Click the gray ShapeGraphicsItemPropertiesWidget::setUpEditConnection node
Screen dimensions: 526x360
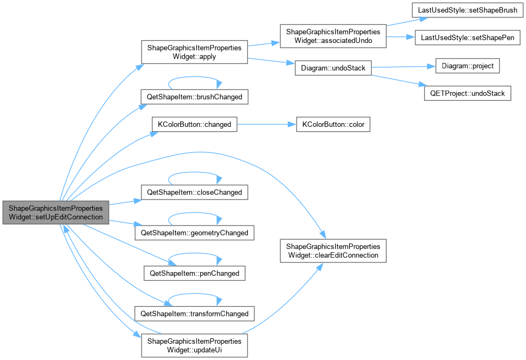[x=56, y=213]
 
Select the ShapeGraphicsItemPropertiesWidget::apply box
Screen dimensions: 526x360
[x=194, y=52]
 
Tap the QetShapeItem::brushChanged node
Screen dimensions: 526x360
[x=194, y=97]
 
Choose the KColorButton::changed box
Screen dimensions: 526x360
[x=194, y=125]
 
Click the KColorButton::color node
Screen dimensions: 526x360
[x=333, y=125]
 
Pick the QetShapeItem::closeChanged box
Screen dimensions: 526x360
[x=194, y=192]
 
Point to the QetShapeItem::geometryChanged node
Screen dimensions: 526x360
[x=194, y=233]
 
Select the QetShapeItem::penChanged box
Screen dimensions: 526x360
[x=194, y=273]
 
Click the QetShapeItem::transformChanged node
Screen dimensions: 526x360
[x=194, y=314]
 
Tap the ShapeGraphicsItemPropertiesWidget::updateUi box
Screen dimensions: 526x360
[x=194, y=345]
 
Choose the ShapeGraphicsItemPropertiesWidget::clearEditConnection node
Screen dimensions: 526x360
[x=333, y=251]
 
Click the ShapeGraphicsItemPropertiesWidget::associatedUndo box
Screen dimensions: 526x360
[x=333, y=36]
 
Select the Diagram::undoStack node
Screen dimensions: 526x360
[x=333, y=68]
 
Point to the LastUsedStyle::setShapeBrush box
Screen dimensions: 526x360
[x=467, y=10]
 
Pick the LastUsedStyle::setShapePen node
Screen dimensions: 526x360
[x=467, y=37]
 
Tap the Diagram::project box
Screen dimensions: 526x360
[x=467, y=66]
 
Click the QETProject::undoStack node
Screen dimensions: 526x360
[x=467, y=93]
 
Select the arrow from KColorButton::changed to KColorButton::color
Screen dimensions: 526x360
[x=267, y=125]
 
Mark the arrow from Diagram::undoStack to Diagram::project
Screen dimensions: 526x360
[x=403, y=67]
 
